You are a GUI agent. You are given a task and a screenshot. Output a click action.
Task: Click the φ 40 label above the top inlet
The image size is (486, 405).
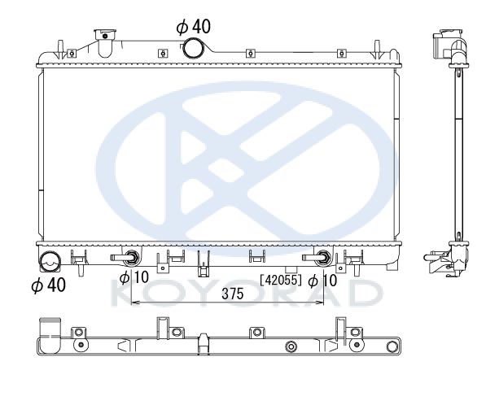(x=194, y=27)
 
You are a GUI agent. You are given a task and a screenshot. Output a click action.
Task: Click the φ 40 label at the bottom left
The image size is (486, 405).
(x=48, y=285)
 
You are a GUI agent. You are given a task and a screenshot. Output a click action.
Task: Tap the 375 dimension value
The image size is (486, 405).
(x=233, y=294)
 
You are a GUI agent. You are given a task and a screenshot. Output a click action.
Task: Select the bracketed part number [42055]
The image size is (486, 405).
(x=281, y=280)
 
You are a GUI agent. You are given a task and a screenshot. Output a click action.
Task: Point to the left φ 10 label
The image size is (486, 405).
(x=134, y=277)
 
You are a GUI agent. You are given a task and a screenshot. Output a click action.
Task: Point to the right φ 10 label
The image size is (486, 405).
(x=322, y=281)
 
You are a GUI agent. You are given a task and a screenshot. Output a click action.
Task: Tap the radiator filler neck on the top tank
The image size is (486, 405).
(x=105, y=43)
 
